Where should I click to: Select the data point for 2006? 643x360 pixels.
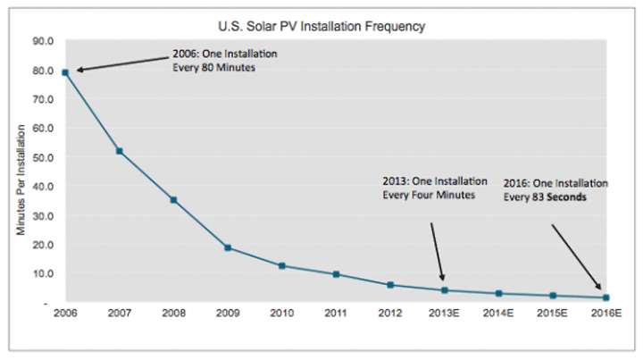click(65, 71)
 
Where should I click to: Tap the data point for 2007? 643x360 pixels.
click(119, 151)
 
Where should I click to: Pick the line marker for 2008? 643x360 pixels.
click(173, 200)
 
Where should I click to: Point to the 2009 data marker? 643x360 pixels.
click(228, 247)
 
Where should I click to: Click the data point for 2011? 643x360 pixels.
click(336, 274)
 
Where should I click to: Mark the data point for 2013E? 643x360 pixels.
click(444, 290)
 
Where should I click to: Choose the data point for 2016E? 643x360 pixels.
click(606, 297)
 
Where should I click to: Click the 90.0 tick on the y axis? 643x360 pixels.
click(44, 41)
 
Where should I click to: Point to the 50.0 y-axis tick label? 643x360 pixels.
click(44, 158)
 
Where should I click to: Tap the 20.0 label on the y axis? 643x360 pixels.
click(44, 245)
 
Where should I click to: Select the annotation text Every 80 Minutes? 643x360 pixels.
click(214, 66)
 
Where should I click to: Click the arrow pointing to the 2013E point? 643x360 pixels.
click(437, 251)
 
